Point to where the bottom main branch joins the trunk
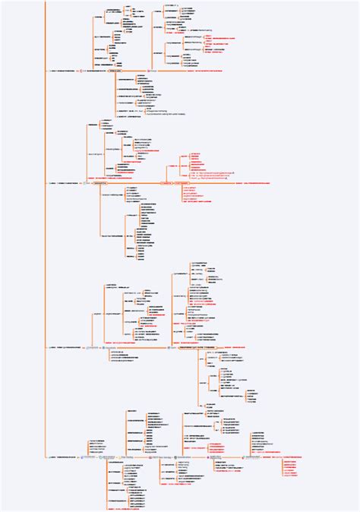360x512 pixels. tap(46, 457)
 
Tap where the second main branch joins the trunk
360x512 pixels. tap(46, 182)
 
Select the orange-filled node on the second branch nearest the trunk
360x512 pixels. tap(111, 182)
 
